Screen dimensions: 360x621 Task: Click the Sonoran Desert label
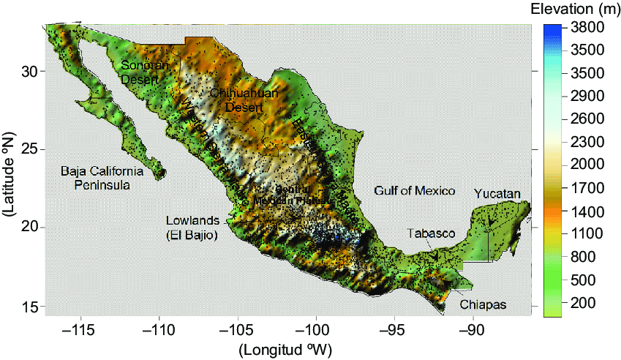point(146,72)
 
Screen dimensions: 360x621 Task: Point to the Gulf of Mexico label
point(415,191)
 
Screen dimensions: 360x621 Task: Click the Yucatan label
point(497,194)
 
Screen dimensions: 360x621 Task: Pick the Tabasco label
point(432,233)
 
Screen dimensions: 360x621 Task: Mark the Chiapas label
point(483,304)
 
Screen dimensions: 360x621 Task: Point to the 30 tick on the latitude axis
point(29,71)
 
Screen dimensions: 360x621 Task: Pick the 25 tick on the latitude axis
point(29,149)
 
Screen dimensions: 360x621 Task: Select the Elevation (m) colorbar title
point(574,10)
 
